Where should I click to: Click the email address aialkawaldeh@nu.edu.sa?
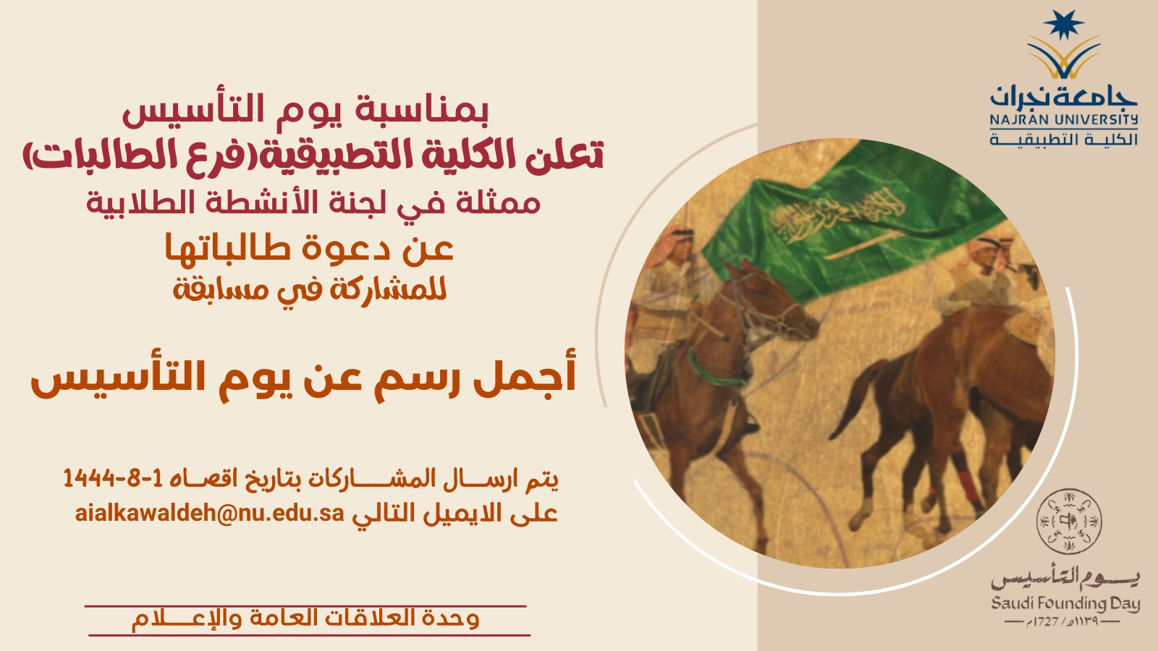click(209, 514)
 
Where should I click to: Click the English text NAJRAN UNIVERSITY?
click(1064, 120)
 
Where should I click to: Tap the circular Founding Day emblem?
click(1068, 522)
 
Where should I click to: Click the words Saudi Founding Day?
click(1065, 604)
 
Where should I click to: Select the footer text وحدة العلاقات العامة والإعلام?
click(305, 619)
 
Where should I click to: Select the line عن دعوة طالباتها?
click(309, 250)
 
